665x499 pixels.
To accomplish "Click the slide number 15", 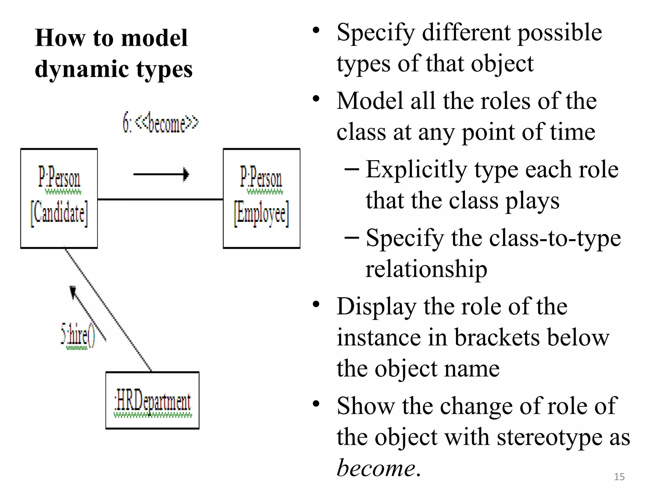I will (619, 477).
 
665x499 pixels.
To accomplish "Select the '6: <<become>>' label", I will (160, 123).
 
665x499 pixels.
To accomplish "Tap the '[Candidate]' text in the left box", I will (59, 213).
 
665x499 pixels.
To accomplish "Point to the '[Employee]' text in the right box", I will (261, 213).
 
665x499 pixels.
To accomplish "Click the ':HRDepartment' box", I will (152, 401).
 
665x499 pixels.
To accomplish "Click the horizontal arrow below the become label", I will (161, 174).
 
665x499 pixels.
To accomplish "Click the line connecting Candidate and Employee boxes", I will (160, 199).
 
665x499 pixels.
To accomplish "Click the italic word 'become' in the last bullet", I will (376, 468).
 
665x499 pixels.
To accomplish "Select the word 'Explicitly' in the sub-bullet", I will (416, 170).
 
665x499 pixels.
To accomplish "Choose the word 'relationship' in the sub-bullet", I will (426, 269).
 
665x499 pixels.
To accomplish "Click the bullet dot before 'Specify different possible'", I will (316, 31).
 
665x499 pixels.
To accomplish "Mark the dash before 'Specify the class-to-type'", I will (351, 237).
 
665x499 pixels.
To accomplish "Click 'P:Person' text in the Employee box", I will (261, 177).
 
